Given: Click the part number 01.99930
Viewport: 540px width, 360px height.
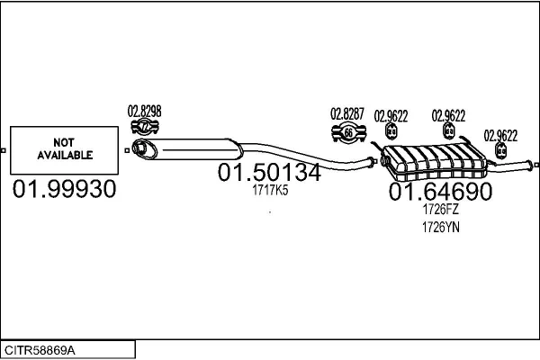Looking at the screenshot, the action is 65,189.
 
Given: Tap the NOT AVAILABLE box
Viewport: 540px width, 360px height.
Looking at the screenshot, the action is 65,150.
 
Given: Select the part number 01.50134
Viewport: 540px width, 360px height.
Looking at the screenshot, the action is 269,172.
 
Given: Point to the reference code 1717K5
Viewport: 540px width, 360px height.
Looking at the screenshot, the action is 270,190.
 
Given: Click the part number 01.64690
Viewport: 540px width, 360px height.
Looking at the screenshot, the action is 440,191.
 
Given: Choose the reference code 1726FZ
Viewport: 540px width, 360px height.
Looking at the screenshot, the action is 440,209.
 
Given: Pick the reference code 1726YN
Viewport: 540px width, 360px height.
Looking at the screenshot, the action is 441,228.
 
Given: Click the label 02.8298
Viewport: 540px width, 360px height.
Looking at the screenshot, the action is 144,112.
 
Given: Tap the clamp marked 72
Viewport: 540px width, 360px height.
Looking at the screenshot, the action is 145,127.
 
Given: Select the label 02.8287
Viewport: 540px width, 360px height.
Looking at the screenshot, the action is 347,114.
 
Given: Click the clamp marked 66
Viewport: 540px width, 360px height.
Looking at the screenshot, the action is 348,133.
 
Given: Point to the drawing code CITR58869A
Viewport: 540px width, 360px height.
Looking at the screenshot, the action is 40,350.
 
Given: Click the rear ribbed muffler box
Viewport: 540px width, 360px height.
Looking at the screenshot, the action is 435,162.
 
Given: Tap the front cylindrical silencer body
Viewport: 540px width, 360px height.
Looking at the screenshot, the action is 188,149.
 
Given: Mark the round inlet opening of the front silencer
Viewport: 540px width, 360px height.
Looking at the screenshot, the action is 141,148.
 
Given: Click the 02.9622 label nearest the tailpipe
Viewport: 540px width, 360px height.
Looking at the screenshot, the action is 500,136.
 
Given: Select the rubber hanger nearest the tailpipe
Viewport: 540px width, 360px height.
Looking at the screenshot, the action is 500,150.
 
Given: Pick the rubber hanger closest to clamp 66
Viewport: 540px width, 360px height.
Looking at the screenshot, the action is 391,131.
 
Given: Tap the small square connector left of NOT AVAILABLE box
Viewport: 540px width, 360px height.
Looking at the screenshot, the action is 3,150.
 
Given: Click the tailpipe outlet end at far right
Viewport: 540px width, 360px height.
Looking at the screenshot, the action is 536,166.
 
